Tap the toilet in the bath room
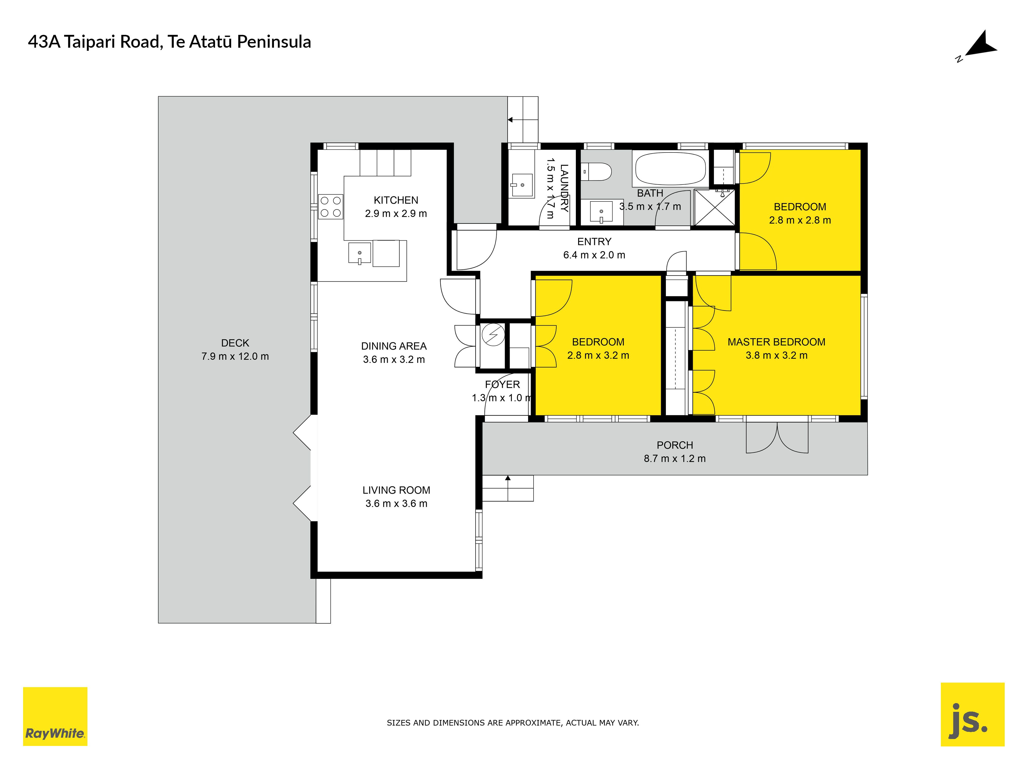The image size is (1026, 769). pos(596,171)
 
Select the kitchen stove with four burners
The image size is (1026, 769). pos(331,207)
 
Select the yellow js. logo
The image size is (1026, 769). pos(973,714)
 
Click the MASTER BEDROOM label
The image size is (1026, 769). pos(776,342)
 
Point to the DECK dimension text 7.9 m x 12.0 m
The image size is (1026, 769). pos(235,357)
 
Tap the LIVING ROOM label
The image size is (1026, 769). pos(396,490)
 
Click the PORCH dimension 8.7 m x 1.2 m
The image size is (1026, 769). pos(675,458)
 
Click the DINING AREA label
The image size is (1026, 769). pos(394,346)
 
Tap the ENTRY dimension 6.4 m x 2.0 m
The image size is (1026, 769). pos(594,255)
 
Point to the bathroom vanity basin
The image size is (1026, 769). pos(601,211)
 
